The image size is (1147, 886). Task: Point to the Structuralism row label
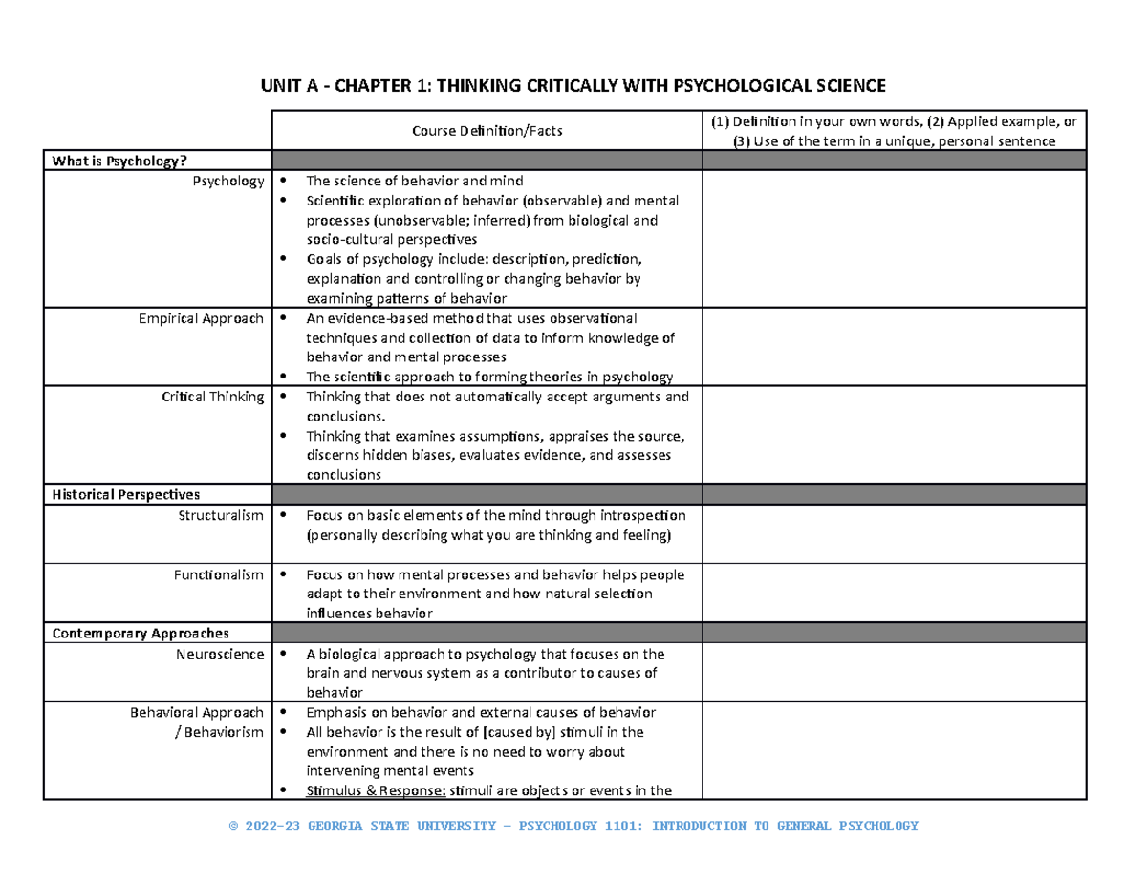[220, 515]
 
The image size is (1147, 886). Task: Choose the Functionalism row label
[218, 575]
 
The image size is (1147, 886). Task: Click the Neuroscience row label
[220, 655]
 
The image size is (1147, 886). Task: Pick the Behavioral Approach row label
[198, 713]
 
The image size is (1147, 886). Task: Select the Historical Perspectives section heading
[126, 494]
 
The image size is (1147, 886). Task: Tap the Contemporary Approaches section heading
[141, 634]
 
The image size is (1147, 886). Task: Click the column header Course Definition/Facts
[487, 131]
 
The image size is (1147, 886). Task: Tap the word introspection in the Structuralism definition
[640, 516]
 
